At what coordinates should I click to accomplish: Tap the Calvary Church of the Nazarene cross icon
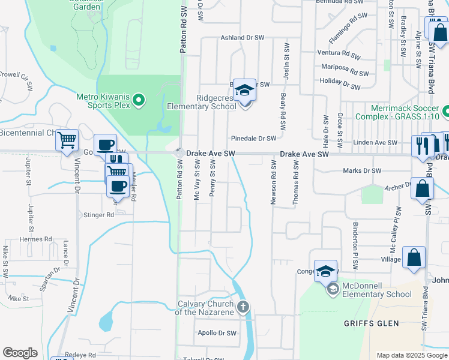pyautogui.click(x=243, y=308)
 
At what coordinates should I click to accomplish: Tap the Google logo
pyautogui.click(x=20, y=353)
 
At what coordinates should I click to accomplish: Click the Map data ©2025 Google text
pyautogui.click(x=411, y=355)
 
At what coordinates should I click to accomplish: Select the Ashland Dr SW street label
pyautogui.click(x=243, y=37)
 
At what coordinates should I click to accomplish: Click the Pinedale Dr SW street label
pyautogui.click(x=253, y=138)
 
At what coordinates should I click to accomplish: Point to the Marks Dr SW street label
pyautogui.click(x=362, y=171)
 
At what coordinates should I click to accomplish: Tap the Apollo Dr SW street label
pyautogui.click(x=217, y=332)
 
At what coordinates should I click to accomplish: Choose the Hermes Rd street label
pyautogui.click(x=36, y=239)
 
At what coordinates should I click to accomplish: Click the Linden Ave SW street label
pyautogui.click(x=376, y=143)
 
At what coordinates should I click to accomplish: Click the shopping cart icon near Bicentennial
pyautogui.click(x=67, y=140)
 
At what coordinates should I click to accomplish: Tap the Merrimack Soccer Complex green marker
pyautogui.click(x=445, y=112)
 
